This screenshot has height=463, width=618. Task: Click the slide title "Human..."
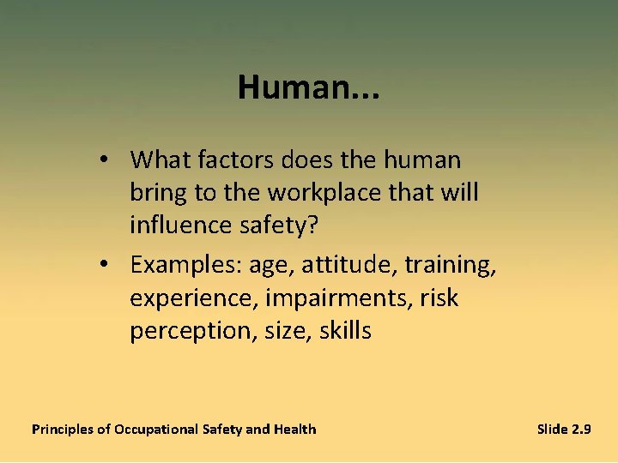coord(309,87)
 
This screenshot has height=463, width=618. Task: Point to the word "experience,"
coord(194,299)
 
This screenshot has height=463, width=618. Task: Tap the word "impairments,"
coord(339,299)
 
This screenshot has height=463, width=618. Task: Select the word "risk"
coord(439,298)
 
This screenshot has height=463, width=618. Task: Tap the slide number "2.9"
coord(580,429)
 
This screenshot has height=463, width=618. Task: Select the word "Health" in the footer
coord(294,429)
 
